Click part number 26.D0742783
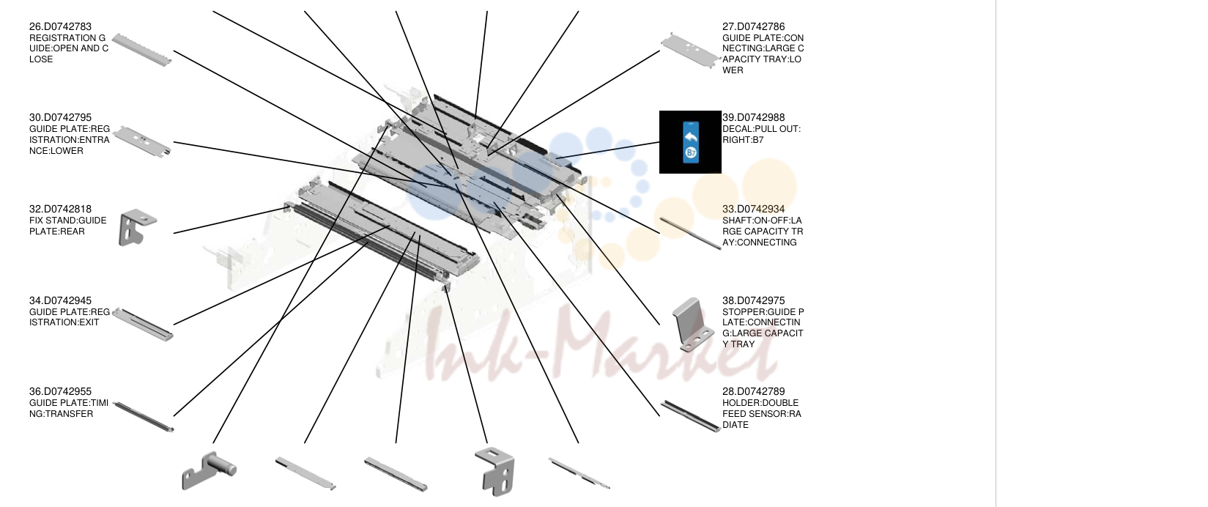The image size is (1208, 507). click(60, 26)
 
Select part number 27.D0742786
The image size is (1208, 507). click(753, 26)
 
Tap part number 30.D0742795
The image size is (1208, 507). click(60, 117)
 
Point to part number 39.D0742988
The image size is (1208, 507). click(753, 117)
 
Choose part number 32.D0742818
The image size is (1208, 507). click(60, 209)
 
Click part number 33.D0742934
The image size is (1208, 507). click(753, 209)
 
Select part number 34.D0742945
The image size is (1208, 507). click(60, 300)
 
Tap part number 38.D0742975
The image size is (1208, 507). click(753, 300)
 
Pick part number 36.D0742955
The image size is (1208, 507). click(60, 391)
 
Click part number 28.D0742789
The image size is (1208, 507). click(753, 391)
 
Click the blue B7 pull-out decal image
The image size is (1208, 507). click(690, 142)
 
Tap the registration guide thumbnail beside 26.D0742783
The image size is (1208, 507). click(142, 50)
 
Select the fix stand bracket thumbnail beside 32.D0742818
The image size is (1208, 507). click(137, 226)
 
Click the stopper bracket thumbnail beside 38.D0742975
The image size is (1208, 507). click(693, 324)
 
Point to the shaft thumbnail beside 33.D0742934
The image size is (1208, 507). click(690, 234)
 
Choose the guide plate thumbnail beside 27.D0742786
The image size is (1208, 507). click(690, 51)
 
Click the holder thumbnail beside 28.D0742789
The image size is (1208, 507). click(690, 416)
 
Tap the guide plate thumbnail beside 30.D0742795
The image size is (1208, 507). click(142, 141)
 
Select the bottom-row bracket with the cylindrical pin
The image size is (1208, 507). click(209, 470)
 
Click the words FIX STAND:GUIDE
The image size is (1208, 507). click(68, 220)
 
